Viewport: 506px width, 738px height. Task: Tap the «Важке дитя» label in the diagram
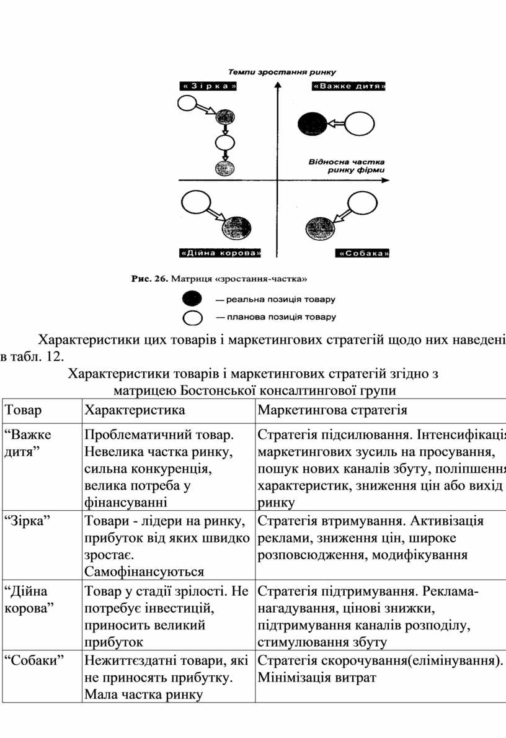click(x=350, y=86)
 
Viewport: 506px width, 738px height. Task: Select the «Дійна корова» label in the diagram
click(x=220, y=253)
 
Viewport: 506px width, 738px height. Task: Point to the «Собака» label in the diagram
click(x=363, y=253)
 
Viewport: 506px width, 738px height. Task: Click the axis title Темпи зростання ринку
click(x=280, y=72)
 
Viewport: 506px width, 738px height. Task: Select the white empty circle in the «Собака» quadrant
click(x=362, y=203)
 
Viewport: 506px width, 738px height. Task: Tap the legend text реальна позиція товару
click(x=275, y=299)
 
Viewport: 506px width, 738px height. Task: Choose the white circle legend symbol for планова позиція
click(x=193, y=318)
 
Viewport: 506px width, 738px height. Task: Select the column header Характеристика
click(x=134, y=410)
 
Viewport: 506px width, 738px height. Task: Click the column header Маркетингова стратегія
click(x=332, y=410)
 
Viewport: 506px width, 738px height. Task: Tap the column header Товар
click(x=23, y=410)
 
